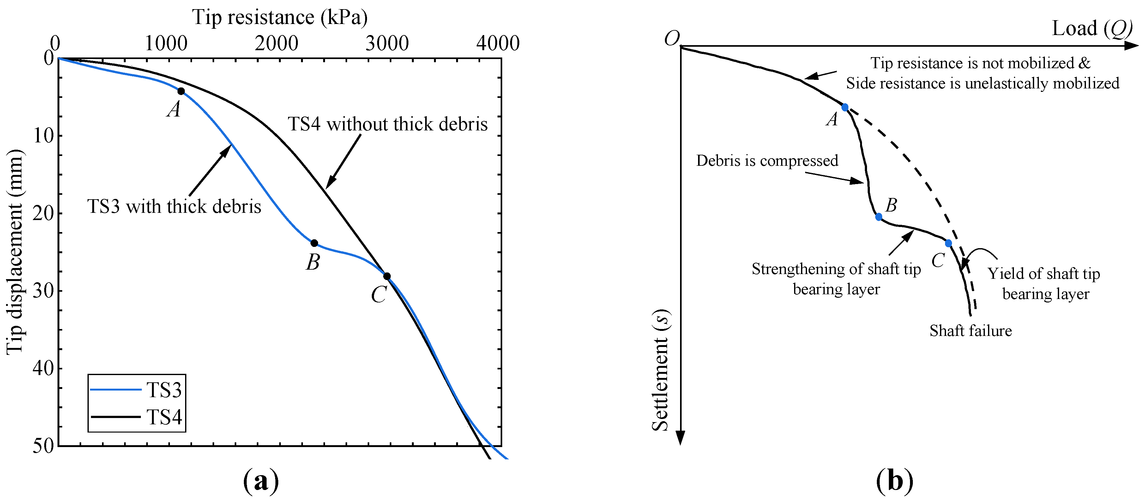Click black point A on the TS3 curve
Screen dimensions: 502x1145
pos(181,91)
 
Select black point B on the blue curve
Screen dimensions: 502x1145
pos(314,243)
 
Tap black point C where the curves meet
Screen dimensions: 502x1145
pos(387,276)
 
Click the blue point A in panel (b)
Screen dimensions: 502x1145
pos(845,107)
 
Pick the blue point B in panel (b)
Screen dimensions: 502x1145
pos(879,217)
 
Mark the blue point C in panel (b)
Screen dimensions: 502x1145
pos(949,243)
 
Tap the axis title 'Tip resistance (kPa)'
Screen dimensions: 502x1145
pos(280,18)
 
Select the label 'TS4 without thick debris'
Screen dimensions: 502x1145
pos(388,124)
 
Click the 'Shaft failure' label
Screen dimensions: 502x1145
pos(970,331)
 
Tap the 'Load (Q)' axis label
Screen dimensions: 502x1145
pos(1092,28)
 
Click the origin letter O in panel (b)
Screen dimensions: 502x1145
pos(672,39)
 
